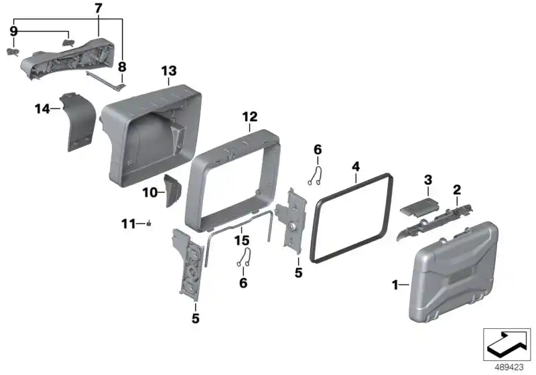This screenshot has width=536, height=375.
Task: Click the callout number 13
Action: coord(169,71)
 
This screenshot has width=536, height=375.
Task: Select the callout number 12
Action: coord(249,117)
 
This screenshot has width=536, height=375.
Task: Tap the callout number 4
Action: coord(356,167)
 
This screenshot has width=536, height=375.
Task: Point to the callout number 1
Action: coord(395,285)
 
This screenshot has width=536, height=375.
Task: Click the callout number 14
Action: coord(42,109)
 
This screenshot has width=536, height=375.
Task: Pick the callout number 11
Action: coord(129,224)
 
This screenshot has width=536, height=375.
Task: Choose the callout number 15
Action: coord(242,240)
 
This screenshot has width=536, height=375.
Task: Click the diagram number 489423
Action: coord(509,367)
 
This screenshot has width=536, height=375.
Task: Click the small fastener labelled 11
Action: coord(149,224)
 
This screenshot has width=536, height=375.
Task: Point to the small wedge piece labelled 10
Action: coord(173,190)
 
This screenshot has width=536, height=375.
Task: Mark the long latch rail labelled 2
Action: coord(435,222)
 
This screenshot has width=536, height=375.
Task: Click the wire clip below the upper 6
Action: coord(315,176)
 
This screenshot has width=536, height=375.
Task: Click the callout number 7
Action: coord(98,9)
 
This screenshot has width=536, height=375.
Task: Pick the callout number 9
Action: coord(13,31)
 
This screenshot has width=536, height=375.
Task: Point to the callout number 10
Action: coord(149,193)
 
